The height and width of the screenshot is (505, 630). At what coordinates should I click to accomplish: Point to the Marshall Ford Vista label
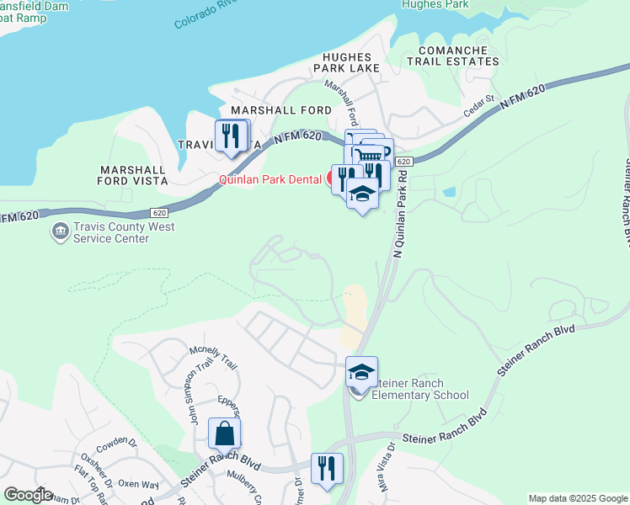pos(133,174)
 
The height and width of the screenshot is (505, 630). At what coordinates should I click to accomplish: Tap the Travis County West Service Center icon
pos(60,231)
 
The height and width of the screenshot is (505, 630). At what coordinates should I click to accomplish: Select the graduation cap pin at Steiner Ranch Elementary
pos(361,371)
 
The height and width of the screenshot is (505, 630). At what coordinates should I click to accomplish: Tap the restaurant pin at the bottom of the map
pos(327,468)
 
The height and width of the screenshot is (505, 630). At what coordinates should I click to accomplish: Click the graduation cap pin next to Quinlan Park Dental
pos(362,194)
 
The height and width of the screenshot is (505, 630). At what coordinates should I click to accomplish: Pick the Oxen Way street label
pos(138,484)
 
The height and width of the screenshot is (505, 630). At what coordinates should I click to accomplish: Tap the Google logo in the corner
pos(28,495)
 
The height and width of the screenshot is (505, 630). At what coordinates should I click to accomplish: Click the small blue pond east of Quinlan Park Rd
pos(449,192)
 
